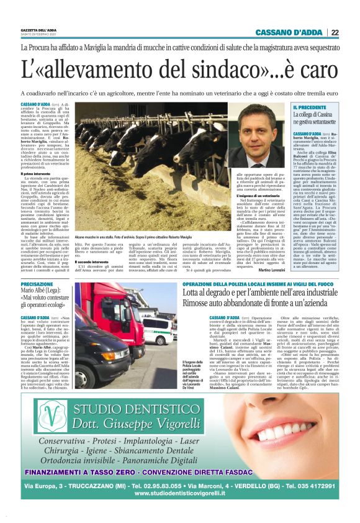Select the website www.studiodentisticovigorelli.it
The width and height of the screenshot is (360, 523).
(x=179, y=493)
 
